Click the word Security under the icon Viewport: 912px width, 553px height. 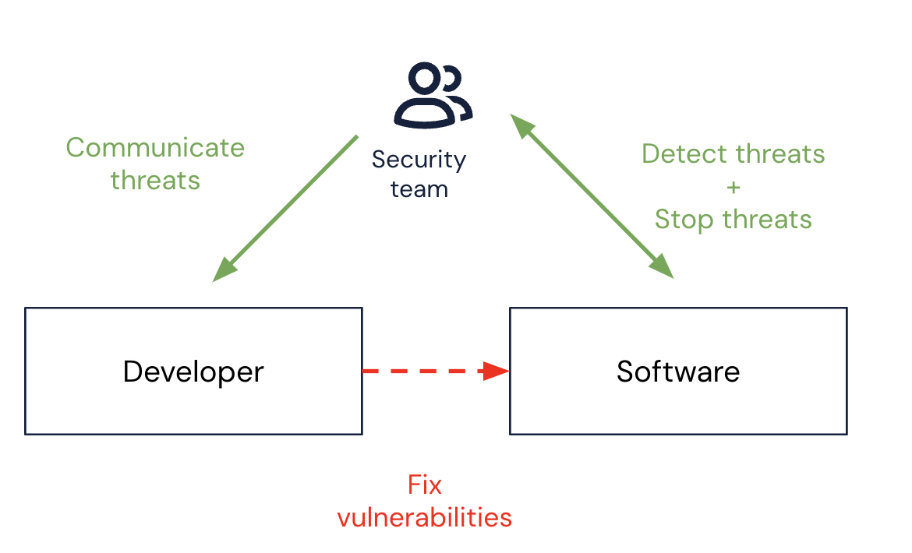[x=419, y=160]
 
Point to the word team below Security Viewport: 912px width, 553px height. [x=419, y=189]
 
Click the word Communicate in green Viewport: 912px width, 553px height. [x=155, y=147]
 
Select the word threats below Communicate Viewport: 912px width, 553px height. [x=155, y=181]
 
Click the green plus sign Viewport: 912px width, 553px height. [x=733, y=187]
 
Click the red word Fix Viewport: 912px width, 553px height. [x=425, y=486]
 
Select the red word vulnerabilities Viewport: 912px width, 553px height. [x=425, y=517]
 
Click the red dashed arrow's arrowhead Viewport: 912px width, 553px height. [x=496, y=371]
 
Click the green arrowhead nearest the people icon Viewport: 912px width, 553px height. [x=521, y=125]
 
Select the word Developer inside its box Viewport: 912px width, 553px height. [x=193, y=372]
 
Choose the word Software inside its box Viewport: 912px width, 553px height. [x=678, y=372]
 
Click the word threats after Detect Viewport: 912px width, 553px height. [x=779, y=154]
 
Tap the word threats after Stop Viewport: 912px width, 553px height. [x=767, y=220]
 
